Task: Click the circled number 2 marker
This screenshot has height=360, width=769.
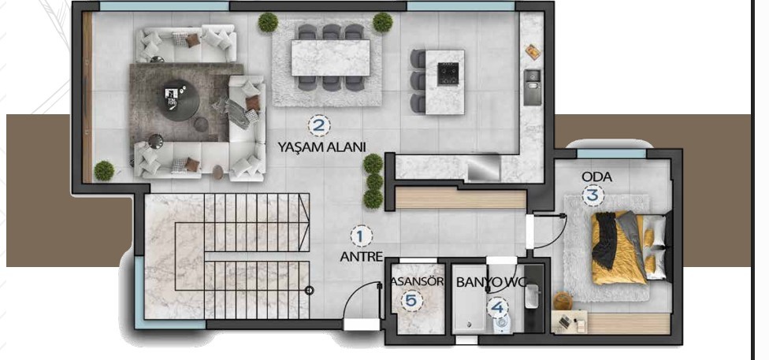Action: (x=319, y=125)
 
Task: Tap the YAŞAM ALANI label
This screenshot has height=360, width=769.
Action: (x=321, y=147)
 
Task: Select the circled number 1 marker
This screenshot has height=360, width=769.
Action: (x=361, y=236)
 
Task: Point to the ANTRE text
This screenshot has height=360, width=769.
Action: (x=361, y=257)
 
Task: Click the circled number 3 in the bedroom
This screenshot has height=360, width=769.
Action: (x=593, y=195)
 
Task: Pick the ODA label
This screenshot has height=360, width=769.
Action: (x=596, y=176)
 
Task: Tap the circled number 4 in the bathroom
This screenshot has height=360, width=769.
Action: (x=497, y=307)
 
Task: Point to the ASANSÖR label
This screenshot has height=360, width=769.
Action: (x=418, y=282)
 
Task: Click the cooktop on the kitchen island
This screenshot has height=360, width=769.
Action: (x=448, y=73)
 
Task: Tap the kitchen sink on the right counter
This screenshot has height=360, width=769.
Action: (x=532, y=87)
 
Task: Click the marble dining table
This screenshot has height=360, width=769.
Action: (x=331, y=58)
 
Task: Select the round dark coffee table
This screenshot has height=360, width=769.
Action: (x=179, y=100)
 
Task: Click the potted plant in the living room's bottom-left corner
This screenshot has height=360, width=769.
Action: (x=104, y=171)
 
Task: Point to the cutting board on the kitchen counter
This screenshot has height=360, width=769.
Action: (x=533, y=51)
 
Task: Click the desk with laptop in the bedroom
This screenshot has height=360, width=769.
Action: (x=570, y=322)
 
